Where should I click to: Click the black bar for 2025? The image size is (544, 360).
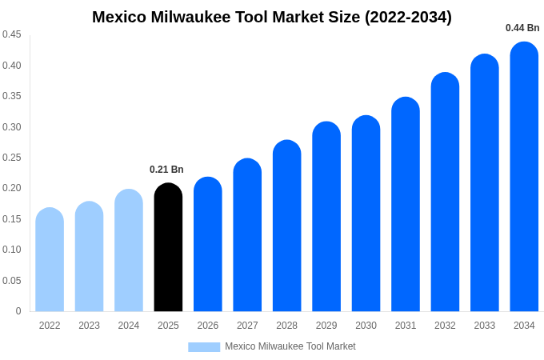pos(168,248)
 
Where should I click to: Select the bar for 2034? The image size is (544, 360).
pos(524,178)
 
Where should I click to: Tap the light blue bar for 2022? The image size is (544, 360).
pos(50,260)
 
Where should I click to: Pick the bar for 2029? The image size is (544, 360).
pos(326,218)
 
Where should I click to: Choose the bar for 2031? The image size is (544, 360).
pos(406,205)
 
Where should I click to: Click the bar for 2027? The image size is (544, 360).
pos(247,236)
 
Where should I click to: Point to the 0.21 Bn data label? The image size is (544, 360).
pos(166,170)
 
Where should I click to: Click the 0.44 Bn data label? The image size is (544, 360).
pos(522,28)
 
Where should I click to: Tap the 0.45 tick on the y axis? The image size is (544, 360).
pos(12,34)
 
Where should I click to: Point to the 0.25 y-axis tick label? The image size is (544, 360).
pos(12,158)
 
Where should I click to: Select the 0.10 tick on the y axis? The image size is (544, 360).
pos(12,250)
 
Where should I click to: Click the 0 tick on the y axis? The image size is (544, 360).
pos(18,311)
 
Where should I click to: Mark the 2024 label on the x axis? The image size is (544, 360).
pos(129,326)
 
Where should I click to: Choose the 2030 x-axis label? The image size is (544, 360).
pos(366,326)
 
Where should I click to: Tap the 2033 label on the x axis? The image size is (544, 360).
pos(485,326)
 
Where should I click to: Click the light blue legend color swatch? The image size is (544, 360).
pos(204,346)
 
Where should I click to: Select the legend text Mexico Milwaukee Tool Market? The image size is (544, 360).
pos(290,346)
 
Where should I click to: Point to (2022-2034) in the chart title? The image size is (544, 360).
pos(408,17)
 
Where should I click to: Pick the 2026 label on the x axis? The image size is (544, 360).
pos(208,326)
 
